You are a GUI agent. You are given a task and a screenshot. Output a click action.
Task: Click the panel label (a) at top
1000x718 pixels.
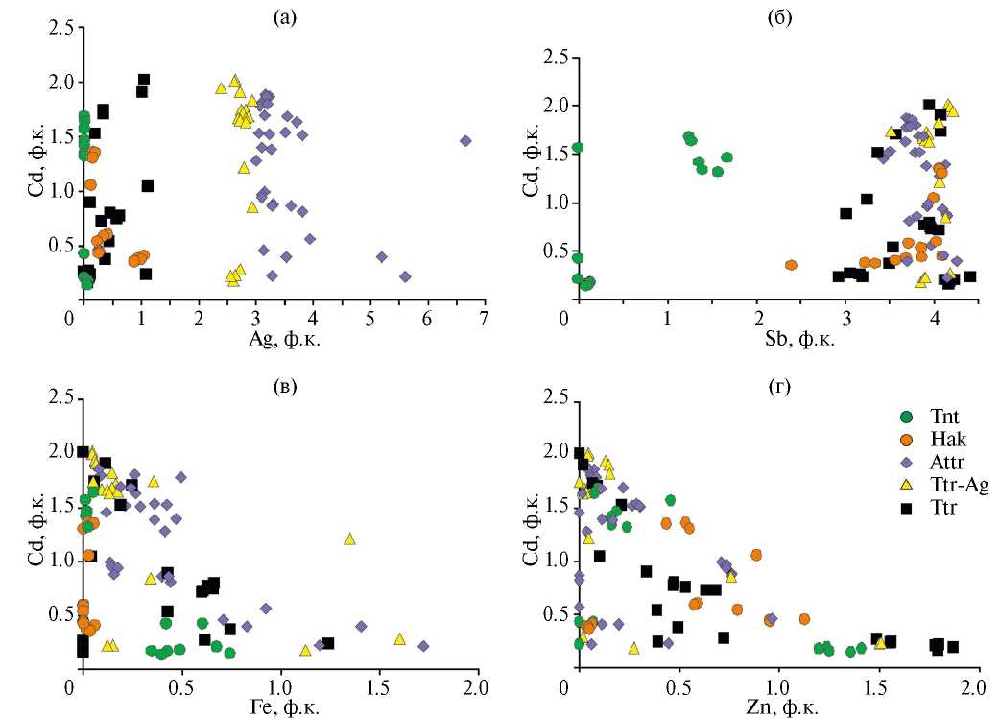[x=282, y=16]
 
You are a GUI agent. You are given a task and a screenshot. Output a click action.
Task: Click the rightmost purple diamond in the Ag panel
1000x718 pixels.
[x=465, y=140]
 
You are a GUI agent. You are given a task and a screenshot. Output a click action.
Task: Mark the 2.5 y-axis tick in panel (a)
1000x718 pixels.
[x=60, y=29]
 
